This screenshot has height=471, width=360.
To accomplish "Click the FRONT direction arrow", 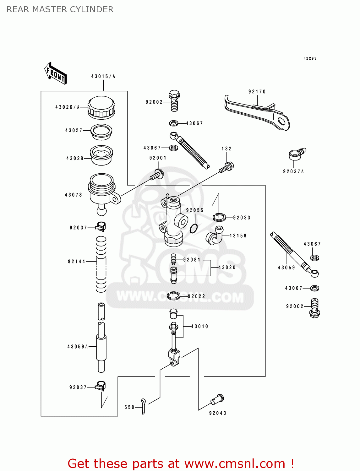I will (56, 73).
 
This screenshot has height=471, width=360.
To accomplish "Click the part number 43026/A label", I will (67, 107).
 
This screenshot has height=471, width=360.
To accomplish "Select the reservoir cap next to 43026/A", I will (101, 107).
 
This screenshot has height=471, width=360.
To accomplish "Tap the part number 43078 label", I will (73, 195).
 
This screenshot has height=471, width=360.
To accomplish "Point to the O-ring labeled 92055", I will (194, 229).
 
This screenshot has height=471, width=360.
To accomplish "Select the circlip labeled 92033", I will (219, 217).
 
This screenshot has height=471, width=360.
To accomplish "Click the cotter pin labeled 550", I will (143, 406).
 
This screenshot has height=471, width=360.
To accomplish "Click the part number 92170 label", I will (257, 92).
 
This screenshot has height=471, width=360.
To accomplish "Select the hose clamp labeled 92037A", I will (297, 154).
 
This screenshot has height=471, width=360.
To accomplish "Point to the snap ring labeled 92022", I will (173, 295).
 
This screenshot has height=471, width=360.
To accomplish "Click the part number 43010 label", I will (199, 327).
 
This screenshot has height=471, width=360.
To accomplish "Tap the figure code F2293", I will (310, 58).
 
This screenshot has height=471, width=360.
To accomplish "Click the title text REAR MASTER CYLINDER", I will (60, 9).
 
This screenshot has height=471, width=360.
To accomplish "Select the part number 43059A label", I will (77, 347).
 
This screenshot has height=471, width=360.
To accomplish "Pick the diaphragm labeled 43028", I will (101, 155).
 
